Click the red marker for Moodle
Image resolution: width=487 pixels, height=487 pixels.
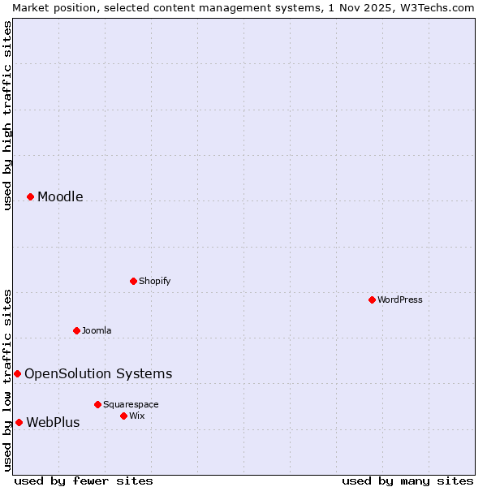30,196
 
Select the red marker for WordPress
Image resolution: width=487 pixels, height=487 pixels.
372,300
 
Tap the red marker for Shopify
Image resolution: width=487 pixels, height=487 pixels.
133,281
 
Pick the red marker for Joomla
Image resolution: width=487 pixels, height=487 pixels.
76,330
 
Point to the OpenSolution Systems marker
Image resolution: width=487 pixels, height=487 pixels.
17,373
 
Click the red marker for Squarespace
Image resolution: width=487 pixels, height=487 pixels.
97,404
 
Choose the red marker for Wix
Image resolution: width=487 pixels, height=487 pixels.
123,416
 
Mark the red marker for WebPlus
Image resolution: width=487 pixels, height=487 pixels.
19,422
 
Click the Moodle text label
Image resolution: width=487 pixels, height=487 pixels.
60,196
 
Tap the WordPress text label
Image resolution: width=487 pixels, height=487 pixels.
400,300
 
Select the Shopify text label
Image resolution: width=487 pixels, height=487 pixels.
154,281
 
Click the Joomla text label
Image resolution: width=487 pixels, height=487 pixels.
97,330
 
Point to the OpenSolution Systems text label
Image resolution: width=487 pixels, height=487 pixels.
98,373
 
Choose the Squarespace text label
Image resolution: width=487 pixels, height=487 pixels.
131,404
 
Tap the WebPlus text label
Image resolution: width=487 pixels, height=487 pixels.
53,422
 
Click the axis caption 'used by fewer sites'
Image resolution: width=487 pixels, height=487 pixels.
84,481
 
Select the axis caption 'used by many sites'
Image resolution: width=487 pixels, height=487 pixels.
407,481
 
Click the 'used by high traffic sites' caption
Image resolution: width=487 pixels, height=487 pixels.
7,115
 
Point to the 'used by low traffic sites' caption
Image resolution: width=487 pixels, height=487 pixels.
7,380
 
